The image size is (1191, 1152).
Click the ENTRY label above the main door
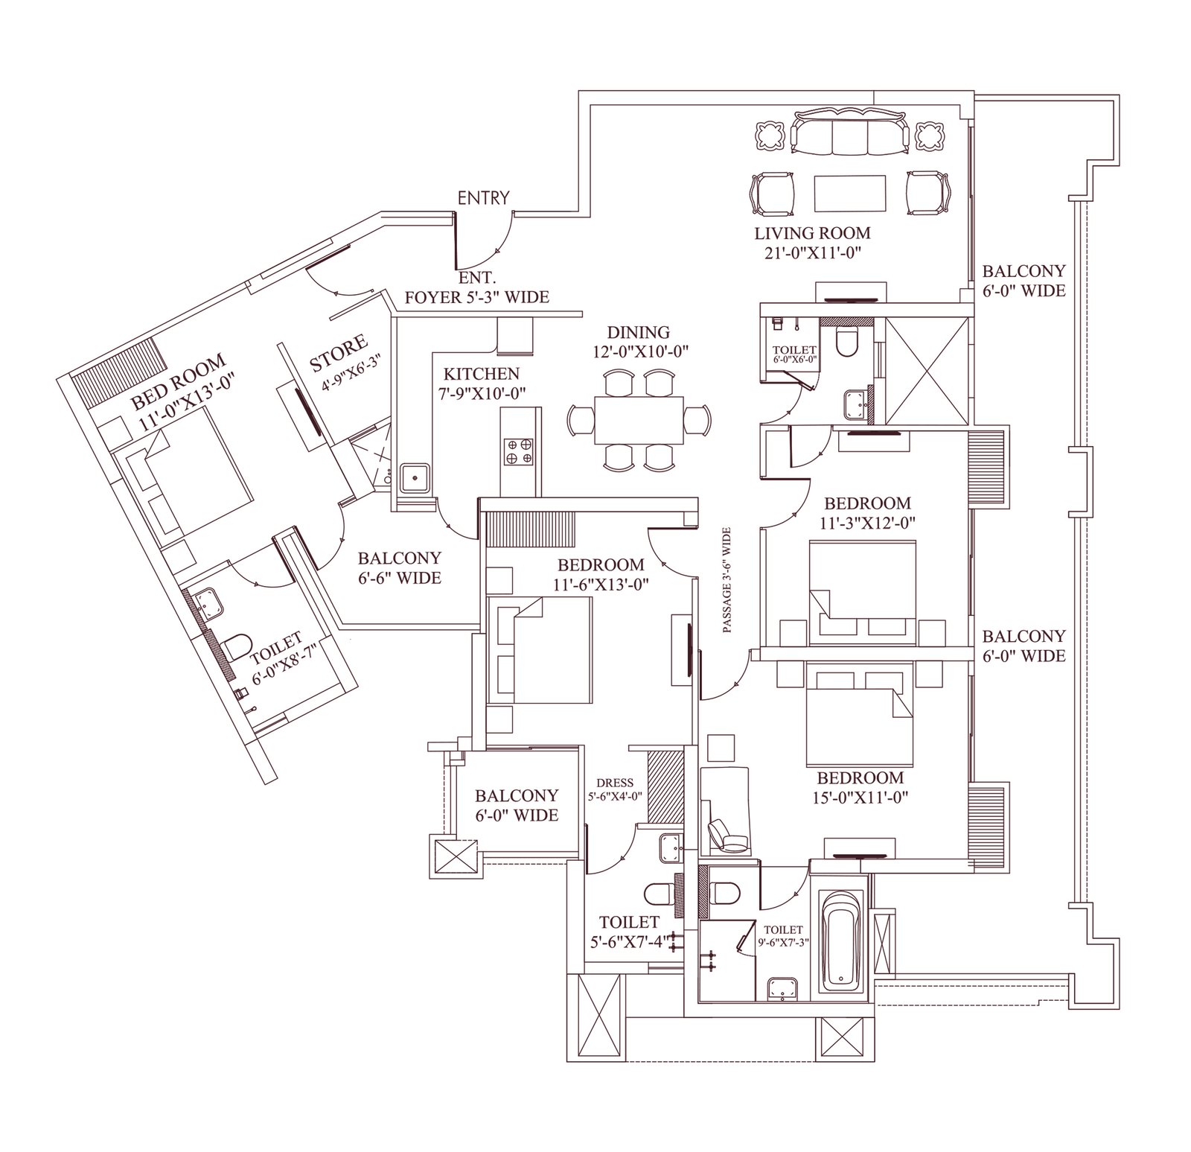click(484, 198)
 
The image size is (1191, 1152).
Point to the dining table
click(639, 419)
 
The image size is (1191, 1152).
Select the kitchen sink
click(415, 479)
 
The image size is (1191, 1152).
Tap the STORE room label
click(339, 353)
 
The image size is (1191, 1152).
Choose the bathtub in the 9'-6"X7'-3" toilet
click(843, 939)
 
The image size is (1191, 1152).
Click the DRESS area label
click(615, 783)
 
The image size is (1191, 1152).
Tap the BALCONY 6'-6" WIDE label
click(400, 567)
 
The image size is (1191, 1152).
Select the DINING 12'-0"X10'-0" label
click(639, 342)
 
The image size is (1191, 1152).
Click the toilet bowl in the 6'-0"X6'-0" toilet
click(848, 340)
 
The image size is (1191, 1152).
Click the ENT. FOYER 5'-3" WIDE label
click(476, 287)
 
